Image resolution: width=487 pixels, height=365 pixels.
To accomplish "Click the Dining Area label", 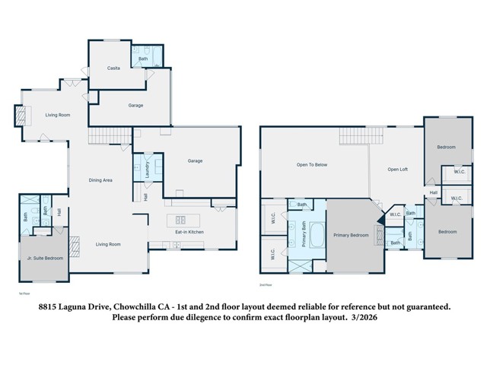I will click(x=101, y=180).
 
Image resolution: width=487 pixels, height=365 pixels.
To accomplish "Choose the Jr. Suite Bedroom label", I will click(x=43, y=259).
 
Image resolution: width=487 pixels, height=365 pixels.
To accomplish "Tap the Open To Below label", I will click(x=312, y=164).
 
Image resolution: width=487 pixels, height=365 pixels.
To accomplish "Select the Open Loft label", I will click(x=399, y=169).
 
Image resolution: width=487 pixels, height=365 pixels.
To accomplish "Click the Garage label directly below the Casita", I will click(x=135, y=106).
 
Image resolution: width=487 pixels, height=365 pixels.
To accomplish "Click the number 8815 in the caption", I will click(x=50, y=306).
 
